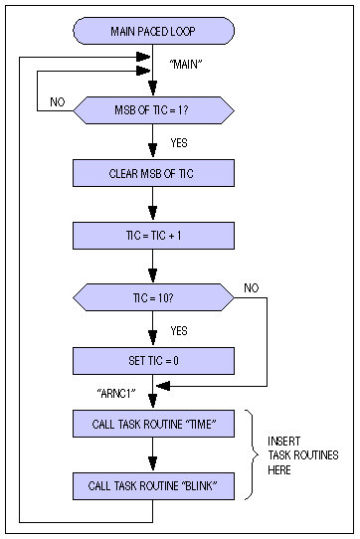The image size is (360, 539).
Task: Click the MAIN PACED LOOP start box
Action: [x=153, y=31]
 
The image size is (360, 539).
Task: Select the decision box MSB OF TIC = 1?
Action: [x=153, y=107]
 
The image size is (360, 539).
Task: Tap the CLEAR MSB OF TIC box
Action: [x=153, y=172]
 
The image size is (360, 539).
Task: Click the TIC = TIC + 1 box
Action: [x=153, y=236]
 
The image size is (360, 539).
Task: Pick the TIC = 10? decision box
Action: [x=153, y=297]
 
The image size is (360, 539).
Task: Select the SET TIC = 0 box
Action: [x=153, y=359]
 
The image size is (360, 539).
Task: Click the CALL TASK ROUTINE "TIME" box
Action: [x=153, y=425]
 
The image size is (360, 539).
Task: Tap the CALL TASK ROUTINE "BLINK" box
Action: [x=153, y=486]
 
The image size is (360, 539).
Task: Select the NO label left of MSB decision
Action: [x=58, y=100]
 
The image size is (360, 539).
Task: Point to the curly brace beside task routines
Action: [x=253, y=454]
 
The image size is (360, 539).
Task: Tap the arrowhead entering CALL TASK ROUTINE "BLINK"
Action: [x=153, y=466]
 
